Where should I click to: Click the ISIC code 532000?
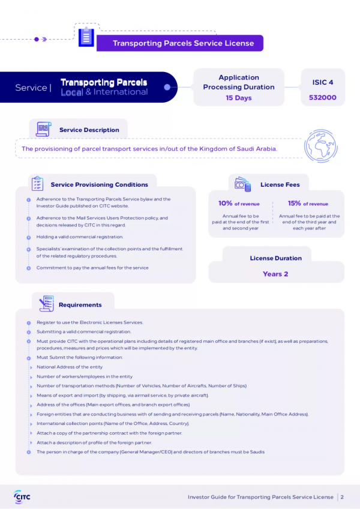(x=322, y=97)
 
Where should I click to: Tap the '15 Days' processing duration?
(x=239, y=98)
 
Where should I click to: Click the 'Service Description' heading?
(x=89, y=130)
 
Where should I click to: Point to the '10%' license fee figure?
(x=226, y=203)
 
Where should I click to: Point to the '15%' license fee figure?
(x=294, y=203)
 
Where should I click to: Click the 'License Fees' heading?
(x=280, y=184)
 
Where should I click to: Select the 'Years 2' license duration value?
(x=275, y=274)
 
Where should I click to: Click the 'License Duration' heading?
(x=275, y=258)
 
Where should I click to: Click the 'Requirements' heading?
(x=80, y=305)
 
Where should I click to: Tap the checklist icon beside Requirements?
(x=46, y=304)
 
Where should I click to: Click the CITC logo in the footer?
(x=22, y=496)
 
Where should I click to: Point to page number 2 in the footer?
(x=342, y=497)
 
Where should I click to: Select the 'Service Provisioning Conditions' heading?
(x=99, y=184)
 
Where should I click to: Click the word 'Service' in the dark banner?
(x=31, y=88)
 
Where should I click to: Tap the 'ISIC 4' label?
(x=322, y=82)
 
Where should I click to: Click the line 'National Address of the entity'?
(x=70, y=367)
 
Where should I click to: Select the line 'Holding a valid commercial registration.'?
(x=80, y=237)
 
